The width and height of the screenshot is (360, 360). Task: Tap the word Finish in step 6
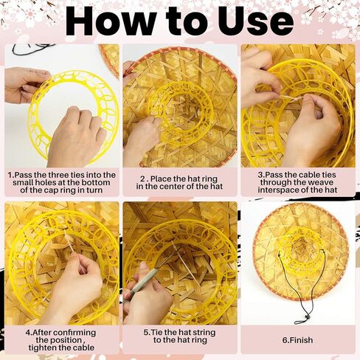tap(301, 340)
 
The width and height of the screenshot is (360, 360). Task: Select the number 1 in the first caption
tap(10, 176)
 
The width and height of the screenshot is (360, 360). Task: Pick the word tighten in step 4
tap(43, 347)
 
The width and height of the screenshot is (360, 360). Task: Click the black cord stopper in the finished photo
tap(307, 316)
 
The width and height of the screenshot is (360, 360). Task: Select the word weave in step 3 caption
tap(321, 182)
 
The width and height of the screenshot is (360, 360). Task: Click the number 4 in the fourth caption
tap(28, 333)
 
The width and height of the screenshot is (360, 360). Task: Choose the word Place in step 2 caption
tap(161, 179)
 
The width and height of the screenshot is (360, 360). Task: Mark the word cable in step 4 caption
tap(83, 347)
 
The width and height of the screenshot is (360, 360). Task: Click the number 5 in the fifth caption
tap(146, 333)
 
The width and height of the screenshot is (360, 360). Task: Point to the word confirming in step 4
tap(75, 333)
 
